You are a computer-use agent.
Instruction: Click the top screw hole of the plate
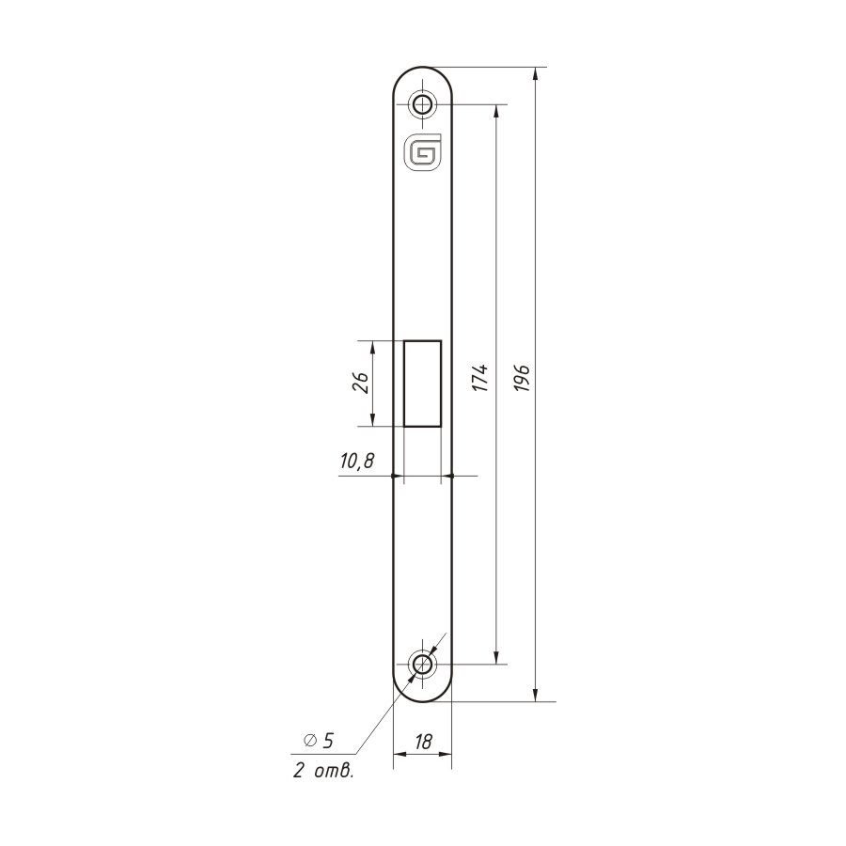[422, 103]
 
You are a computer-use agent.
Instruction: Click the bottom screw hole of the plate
[422, 665]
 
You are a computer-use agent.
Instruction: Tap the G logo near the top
[422, 151]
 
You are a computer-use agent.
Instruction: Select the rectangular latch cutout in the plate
[422, 384]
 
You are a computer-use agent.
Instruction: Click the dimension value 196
[523, 378]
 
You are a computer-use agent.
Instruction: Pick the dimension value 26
[362, 384]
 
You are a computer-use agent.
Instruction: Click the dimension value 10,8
[357, 462]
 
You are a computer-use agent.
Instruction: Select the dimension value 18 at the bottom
[424, 742]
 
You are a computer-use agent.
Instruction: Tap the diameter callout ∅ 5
[319, 741]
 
